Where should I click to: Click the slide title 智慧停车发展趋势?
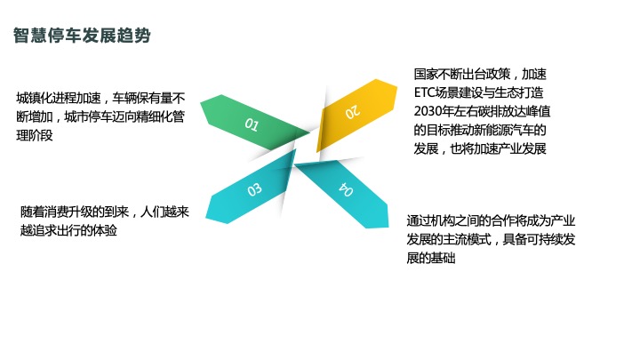pyautogui.click(x=82, y=36)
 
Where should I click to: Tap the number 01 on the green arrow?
pyautogui.click(x=252, y=124)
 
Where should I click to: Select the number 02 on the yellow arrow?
pyautogui.click(x=352, y=111)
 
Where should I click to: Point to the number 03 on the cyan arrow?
pyautogui.click(x=254, y=188)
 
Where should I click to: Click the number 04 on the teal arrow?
pyautogui.click(x=347, y=189)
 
